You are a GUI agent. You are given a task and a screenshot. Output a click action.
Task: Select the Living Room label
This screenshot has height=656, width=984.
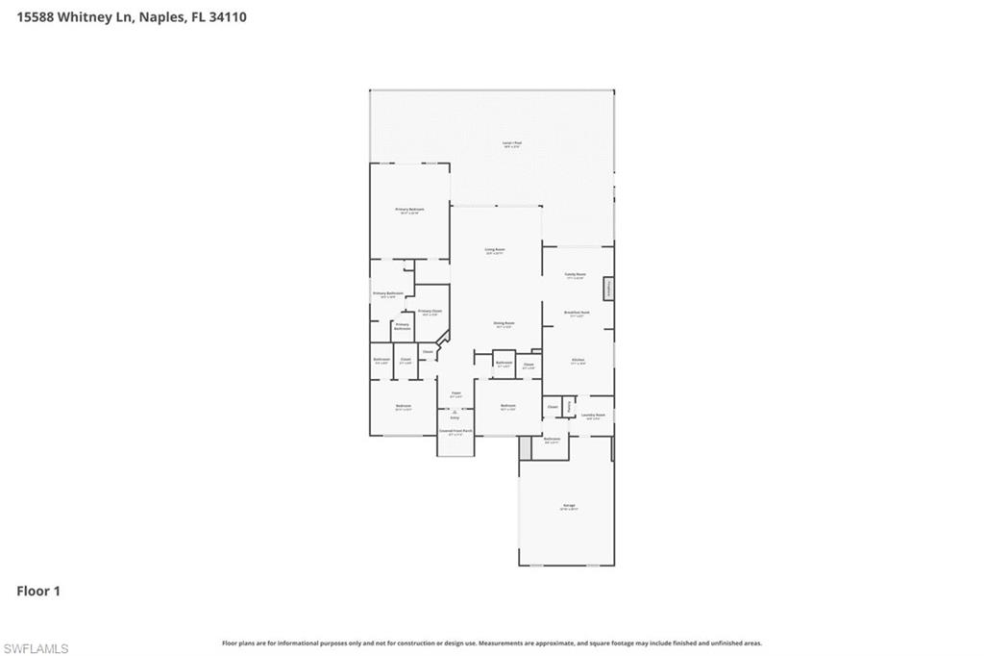click(x=495, y=250)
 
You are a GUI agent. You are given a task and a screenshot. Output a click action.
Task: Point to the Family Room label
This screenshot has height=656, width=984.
click(x=575, y=275)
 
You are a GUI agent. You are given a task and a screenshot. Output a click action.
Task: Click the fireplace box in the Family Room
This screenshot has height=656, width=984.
click(x=608, y=290)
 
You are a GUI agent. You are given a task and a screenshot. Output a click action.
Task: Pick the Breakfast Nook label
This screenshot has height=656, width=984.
click(x=577, y=313)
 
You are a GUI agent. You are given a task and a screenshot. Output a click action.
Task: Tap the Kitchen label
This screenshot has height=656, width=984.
click(x=578, y=361)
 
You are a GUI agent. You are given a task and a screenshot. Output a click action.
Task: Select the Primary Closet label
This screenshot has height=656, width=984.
click(x=430, y=312)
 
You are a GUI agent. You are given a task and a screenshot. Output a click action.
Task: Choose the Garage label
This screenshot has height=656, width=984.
click(x=569, y=506)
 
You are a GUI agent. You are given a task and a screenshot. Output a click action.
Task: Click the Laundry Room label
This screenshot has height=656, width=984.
click(x=593, y=416)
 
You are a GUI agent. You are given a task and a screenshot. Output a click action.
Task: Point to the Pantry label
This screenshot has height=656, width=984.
click(x=569, y=407)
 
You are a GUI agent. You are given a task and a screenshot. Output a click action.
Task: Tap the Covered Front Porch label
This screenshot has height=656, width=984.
click(x=455, y=432)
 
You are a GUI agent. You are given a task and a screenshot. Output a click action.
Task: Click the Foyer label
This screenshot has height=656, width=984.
click(x=456, y=393)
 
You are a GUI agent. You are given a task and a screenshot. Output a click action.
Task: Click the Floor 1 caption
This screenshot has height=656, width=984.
click(x=38, y=591)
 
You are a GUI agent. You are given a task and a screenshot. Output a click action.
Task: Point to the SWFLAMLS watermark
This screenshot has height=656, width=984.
click(x=36, y=648)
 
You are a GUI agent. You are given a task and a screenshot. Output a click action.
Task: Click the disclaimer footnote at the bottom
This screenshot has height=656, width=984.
click(x=492, y=643)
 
